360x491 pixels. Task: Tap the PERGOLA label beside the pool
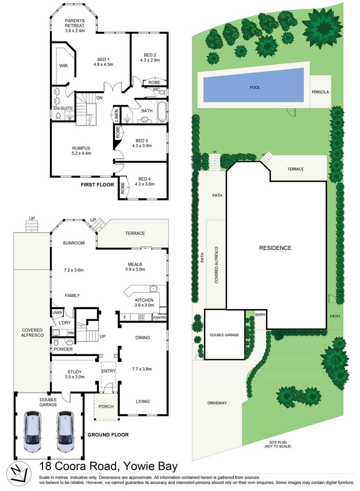click(320, 92)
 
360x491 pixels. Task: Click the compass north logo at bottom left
click(18, 472)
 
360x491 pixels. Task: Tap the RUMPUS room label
click(81, 148)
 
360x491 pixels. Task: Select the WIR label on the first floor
click(63, 66)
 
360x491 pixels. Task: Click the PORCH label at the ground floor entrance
click(106, 406)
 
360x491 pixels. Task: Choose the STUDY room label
click(75, 372)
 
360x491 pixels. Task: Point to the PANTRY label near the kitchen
click(159, 317)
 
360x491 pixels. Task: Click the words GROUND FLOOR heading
click(108, 434)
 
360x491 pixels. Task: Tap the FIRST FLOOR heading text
click(97, 185)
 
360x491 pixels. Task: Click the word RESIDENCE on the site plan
click(275, 248)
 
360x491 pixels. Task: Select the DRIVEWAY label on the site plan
click(217, 403)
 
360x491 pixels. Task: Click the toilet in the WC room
click(162, 93)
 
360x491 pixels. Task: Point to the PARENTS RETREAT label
click(75, 23)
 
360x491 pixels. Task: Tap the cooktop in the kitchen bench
click(141, 317)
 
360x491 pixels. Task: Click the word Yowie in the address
click(138, 466)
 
